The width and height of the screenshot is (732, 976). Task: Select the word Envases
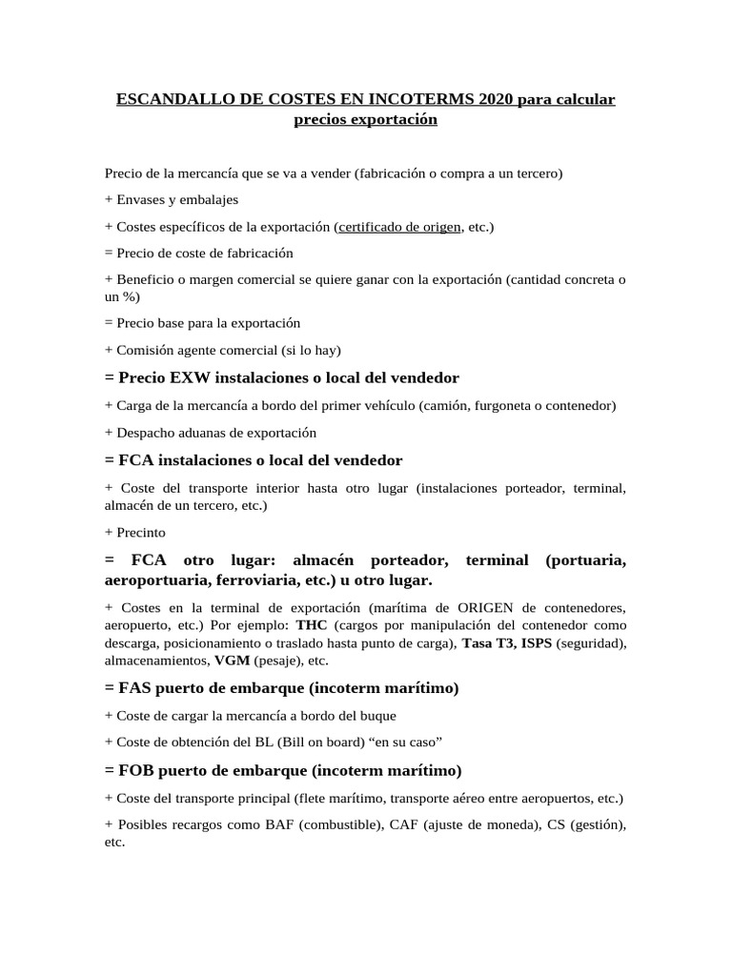coord(143,200)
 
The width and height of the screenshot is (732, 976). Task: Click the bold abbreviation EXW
coord(195,377)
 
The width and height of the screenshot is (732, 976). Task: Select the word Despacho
coord(146,433)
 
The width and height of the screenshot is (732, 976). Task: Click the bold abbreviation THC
coord(312,625)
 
